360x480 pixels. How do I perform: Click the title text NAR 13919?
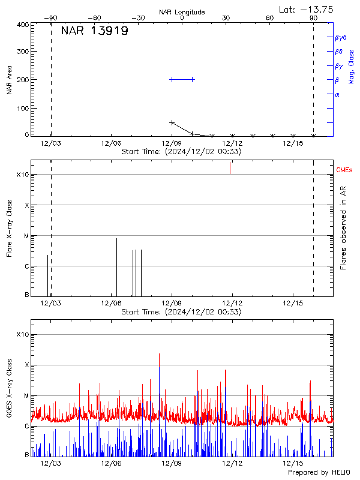click(94, 31)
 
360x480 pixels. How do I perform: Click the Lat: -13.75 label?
click(307, 9)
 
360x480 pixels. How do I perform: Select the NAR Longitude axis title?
click(182, 12)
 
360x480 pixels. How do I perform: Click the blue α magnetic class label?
click(337, 94)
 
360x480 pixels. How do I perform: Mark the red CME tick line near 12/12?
click(230, 168)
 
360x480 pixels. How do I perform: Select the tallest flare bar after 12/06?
click(116, 264)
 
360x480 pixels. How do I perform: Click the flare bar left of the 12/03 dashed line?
click(47, 275)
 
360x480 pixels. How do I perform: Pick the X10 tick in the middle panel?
click(23, 175)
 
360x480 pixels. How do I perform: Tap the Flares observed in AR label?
click(343, 229)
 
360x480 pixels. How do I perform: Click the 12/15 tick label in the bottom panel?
click(293, 463)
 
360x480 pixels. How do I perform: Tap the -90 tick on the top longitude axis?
click(53, 18)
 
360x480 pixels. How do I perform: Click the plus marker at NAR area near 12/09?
click(172, 122)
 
